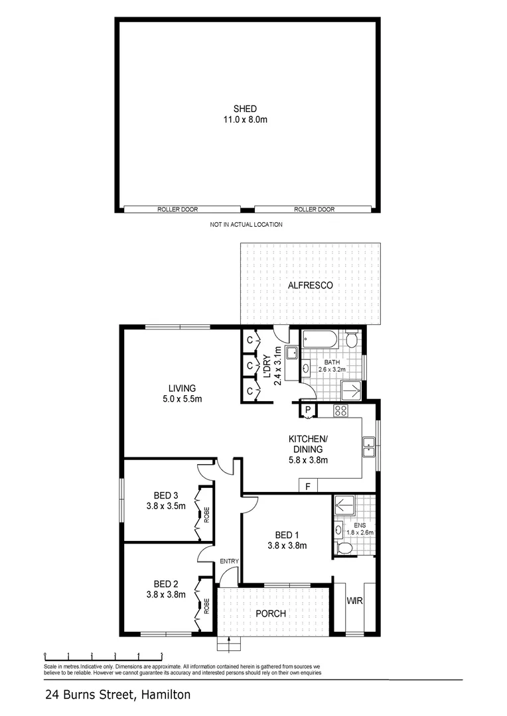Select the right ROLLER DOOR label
coord(315,209)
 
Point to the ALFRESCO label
coord(310,286)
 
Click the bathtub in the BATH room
coord(321,341)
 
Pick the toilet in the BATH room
coord(352,340)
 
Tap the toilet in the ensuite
coord(343,548)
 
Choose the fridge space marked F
coord(307,487)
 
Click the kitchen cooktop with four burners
coord(341,410)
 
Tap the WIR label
coord(352,601)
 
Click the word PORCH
coord(271,613)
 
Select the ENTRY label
coord(229,562)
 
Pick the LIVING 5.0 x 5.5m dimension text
coord(182,394)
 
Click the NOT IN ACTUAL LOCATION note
coord(246,225)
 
